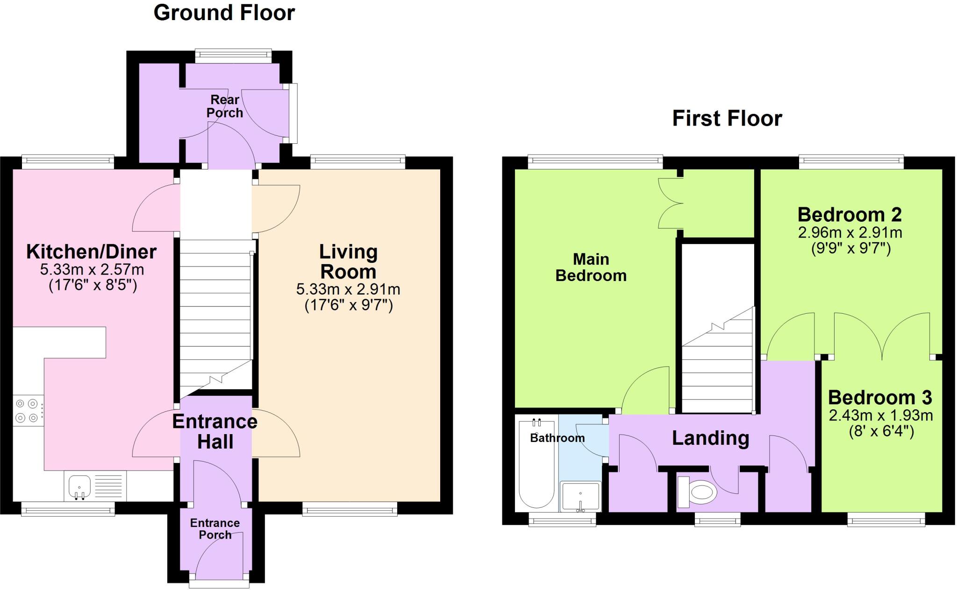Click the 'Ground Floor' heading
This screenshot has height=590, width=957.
point(224,13)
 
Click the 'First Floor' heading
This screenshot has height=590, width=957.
point(727,119)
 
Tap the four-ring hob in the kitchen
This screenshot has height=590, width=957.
point(27,410)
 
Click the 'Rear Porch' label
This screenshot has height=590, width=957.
point(225,106)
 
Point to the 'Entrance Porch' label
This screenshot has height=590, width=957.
point(215,528)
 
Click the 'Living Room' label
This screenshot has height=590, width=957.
point(348,261)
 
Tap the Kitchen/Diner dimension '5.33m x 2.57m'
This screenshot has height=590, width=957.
point(92,269)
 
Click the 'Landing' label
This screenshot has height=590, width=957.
point(710,438)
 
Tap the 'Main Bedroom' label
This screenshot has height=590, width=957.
point(591,267)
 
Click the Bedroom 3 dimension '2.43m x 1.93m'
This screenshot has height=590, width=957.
point(881,415)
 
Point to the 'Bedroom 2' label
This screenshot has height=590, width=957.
point(849,215)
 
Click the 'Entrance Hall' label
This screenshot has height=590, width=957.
point(215,431)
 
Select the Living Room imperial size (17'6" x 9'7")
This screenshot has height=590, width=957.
point(349,305)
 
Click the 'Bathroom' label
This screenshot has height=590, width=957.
point(557,438)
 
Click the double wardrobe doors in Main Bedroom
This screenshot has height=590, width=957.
point(669,204)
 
